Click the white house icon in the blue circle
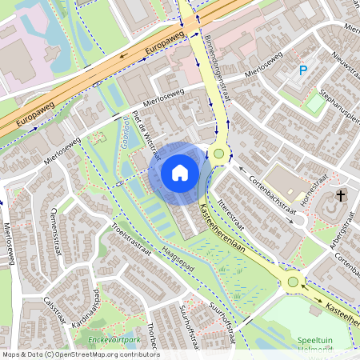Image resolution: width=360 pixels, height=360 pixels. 180,172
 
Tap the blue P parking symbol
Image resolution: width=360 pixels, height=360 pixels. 303,70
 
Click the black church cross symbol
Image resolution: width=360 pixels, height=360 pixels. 342,195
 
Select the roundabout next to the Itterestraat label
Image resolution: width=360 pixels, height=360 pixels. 219,154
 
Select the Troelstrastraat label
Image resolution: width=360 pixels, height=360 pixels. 132,240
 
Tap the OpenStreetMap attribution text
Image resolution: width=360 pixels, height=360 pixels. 81,354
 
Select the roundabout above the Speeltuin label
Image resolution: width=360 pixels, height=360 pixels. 293,282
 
